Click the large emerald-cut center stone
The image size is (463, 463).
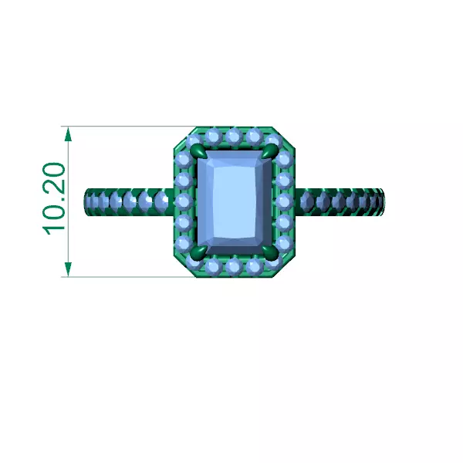[x=234, y=201]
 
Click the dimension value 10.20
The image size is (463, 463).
[x=54, y=199]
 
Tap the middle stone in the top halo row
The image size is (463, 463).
[x=234, y=137]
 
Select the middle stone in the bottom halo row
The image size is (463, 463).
[x=234, y=266]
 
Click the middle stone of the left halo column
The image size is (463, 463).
[x=184, y=201]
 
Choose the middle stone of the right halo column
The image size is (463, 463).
[x=284, y=201]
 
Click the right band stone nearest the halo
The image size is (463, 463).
[x=306, y=202]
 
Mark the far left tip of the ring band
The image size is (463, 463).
[x=84, y=202]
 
